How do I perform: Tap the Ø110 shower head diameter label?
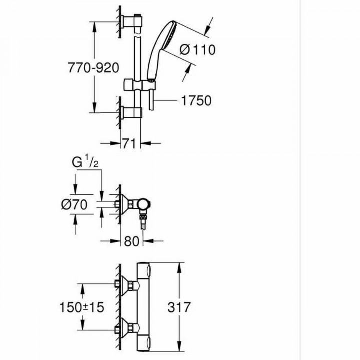(x=197, y=50)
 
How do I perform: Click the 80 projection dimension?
(x=131, y=241)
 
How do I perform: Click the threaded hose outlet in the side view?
(x=144, y=219)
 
